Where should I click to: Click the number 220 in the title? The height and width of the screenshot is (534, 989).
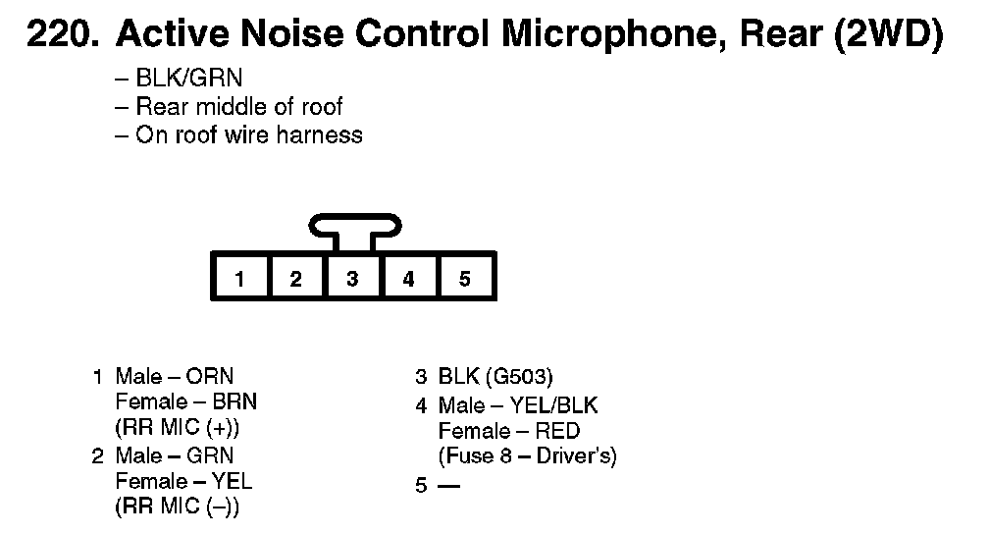(x=61, y=36)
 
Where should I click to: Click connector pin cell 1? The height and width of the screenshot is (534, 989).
(x=240, y=279)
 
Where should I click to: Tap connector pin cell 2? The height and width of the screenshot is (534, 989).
(x=296, y=279)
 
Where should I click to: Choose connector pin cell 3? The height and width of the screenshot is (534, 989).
(x=352, y=279)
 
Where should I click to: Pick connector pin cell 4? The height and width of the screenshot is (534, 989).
(x=408, y=279)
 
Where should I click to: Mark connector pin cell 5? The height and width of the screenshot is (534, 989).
(x=465, y=279)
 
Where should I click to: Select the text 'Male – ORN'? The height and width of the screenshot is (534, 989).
(x=175, y=377)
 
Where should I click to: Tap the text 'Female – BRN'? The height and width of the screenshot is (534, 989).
(x=186, y=402)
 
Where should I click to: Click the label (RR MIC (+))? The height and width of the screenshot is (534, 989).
(x=178, y=429)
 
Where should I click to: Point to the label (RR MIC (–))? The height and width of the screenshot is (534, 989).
(x=178, y=507)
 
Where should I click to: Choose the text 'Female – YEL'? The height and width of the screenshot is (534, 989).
(x=184, y=481)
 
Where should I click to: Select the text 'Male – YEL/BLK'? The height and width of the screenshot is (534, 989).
(x=518, y=405)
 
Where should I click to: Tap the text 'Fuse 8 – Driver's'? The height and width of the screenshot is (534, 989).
(x=528, y=456)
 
